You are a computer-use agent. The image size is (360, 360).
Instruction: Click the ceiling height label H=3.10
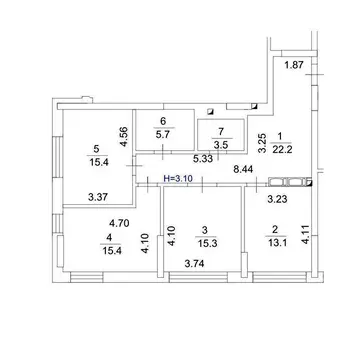coord(178,178)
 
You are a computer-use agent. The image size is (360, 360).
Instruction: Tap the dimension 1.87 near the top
coord(294,65)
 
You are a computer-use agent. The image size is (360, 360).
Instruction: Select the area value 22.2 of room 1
coord(282,150)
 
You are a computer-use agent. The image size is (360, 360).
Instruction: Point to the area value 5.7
coord(164,135)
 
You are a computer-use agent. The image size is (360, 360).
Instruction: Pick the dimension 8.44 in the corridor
coord(243,169)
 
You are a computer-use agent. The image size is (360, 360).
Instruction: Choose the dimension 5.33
coord(203,159)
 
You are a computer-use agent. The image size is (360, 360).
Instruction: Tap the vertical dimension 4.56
coord(124,137)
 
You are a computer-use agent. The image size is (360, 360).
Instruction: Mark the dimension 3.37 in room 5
coord(98,197)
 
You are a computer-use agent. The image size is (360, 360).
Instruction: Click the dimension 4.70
coord(119,222)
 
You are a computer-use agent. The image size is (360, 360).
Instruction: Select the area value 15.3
coord(207,244)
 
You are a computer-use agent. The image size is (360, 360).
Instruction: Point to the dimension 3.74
coord(194,264)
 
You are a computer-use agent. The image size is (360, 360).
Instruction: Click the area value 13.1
coord(276,243)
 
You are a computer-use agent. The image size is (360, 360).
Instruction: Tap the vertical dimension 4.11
coord(306,235)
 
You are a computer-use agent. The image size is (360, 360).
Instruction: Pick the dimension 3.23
coord(278,199)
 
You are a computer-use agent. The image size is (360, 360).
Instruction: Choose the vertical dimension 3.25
coord(262,143)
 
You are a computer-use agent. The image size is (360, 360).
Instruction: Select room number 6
coord(163,121)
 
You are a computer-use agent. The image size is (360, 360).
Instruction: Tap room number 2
coord(275,229)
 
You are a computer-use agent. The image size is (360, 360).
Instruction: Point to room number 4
coord(109,238)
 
